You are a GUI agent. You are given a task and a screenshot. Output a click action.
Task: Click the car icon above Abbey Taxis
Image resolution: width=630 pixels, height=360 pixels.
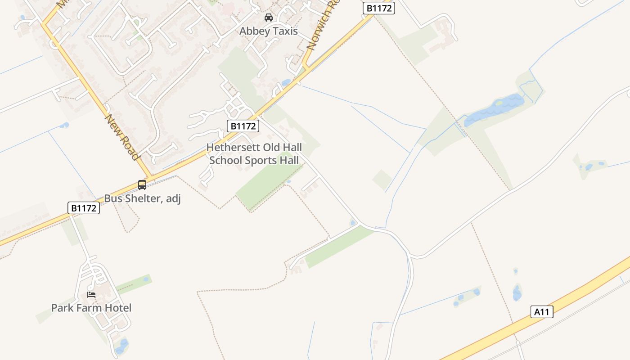coord(269,18)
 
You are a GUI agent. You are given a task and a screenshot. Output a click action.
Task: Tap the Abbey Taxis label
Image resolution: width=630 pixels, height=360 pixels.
coord(269,31)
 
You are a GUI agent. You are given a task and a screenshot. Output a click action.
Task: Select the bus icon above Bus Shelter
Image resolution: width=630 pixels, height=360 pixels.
coord(142,184)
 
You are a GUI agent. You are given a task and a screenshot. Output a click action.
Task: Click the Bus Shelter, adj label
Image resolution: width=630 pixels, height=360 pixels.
coord(142,198)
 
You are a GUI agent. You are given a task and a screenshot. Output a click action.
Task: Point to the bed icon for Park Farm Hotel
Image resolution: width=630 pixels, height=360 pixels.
coord(91,295)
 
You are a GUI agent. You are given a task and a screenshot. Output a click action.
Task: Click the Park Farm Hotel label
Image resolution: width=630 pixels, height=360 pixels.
coord(91,308)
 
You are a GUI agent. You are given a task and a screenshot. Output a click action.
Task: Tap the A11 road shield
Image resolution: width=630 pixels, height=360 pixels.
coord(542,311)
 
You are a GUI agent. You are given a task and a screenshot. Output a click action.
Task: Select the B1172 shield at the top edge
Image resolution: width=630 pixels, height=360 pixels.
coord(379,8)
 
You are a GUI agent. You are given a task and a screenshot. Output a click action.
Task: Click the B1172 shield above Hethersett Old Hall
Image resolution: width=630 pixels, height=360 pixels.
coord(243,126)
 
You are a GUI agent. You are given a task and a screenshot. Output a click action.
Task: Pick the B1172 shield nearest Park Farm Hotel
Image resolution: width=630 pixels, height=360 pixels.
coord(84,208)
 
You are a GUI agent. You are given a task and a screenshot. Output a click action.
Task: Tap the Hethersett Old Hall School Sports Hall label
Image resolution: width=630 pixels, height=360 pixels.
coord(254,154)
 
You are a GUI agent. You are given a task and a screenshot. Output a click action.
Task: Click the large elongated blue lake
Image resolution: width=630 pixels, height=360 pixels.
coord(494,109)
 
